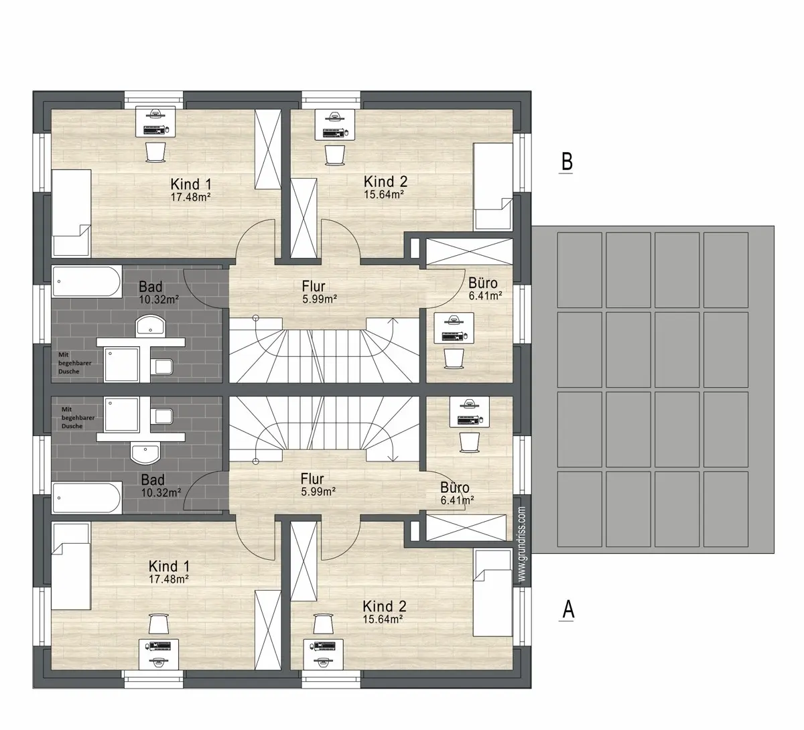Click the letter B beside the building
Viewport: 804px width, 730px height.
(566, 162)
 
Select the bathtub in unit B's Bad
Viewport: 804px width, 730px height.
(86, 282)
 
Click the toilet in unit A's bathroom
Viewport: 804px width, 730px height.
(163, 417)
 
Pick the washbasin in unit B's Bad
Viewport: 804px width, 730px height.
(150, 325)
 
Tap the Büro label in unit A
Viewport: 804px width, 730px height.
(454, 488)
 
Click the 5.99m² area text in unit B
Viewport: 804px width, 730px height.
(320, 299)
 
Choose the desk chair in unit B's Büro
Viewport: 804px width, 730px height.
(454, 358)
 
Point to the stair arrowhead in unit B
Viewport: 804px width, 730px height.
(393, 320)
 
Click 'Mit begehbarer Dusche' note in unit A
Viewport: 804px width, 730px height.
(78, 417)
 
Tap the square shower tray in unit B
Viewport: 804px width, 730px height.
(121, 364)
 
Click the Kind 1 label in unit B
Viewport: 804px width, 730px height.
(191, 184)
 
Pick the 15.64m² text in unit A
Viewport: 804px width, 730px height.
(383, 619)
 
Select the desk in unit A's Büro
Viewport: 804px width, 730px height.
(469, 413)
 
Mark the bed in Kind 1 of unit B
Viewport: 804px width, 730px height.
(71, 213)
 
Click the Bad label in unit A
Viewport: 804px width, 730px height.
(153, 480)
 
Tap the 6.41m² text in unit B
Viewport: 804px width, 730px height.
(485, 296)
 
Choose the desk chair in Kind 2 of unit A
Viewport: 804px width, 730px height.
(324, 624)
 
